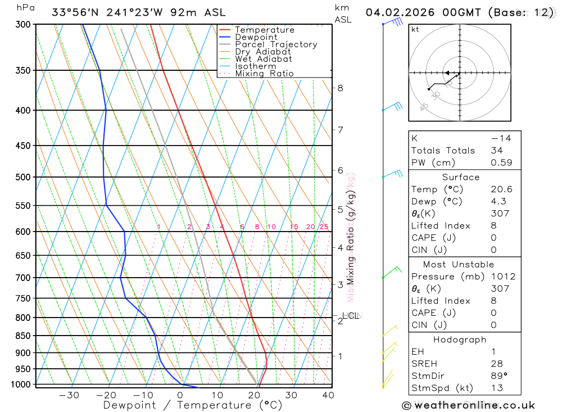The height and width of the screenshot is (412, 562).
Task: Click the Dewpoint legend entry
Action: coord(256,37)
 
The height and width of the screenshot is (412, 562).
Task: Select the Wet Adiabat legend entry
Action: coord(263,59)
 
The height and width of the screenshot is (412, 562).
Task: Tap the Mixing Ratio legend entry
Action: coord(264,74)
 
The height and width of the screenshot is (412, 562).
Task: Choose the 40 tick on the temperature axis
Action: coord(328,395)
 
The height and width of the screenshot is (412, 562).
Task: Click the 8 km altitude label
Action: coord(340,88)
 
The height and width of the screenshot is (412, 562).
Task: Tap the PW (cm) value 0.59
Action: coord(501,162)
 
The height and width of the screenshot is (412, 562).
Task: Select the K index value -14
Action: coord(498,138)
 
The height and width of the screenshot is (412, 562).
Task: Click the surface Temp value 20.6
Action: coord(501,189)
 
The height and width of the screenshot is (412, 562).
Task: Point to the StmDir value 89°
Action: coord(498,375)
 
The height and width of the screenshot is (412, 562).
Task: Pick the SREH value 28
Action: coord(496,364)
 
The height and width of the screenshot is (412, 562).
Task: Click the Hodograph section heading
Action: coord(460,339)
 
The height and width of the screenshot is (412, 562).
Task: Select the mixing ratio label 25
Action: coord(324,227)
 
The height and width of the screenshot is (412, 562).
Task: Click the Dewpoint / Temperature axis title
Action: coord(192,405)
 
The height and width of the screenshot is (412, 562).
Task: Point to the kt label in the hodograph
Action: coord(415,29)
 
